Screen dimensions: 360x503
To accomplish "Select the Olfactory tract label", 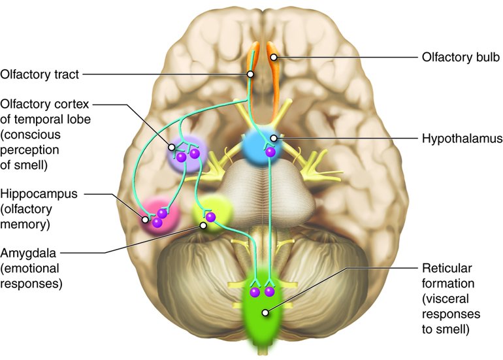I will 40,74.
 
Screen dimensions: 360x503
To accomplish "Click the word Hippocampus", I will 39,195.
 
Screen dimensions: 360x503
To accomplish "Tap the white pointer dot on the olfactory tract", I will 250,74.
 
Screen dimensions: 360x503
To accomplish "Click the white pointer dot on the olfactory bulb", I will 275,57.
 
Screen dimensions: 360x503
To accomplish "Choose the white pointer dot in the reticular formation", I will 265,312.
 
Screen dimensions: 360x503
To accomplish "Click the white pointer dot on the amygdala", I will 204,225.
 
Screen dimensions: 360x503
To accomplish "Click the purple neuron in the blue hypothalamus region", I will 270,152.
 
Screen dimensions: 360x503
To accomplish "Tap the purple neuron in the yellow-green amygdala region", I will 210,216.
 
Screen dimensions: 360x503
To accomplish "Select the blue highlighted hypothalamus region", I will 260,148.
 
